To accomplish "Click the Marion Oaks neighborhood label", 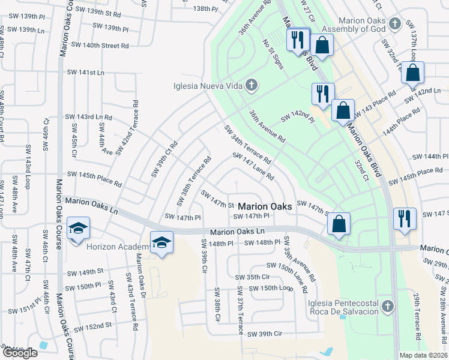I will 266,206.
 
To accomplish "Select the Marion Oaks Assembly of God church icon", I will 394,23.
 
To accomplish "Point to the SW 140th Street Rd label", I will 100,45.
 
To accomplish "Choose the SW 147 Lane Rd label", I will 253,167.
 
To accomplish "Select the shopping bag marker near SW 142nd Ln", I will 413,73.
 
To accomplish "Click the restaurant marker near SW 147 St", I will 405,219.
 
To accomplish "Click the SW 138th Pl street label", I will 198,8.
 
